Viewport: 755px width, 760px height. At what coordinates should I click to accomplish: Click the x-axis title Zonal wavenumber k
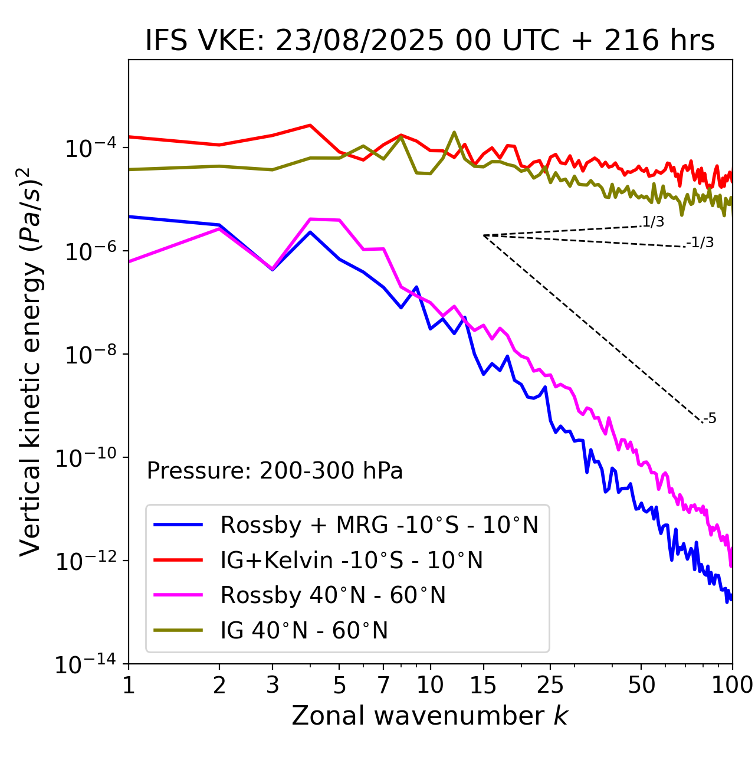[430, 716]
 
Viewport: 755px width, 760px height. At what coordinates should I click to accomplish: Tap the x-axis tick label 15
[484, 685]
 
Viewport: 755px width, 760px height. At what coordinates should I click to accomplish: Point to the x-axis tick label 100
[732, 685]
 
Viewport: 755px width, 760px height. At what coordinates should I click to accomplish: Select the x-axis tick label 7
[383, 685]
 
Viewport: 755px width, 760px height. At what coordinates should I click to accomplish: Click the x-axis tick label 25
[550, 685]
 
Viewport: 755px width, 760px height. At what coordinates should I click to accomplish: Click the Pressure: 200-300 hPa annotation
[275, 471]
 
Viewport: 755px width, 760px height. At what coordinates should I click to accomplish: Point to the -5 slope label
[710, 419]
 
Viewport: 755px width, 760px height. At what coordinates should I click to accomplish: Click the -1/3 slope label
[700, 243]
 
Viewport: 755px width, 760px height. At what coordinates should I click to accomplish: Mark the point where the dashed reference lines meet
[484, 235]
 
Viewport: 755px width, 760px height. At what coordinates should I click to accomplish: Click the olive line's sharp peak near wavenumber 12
[454, 132]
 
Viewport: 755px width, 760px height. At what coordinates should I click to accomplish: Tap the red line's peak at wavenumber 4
[310, 125]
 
